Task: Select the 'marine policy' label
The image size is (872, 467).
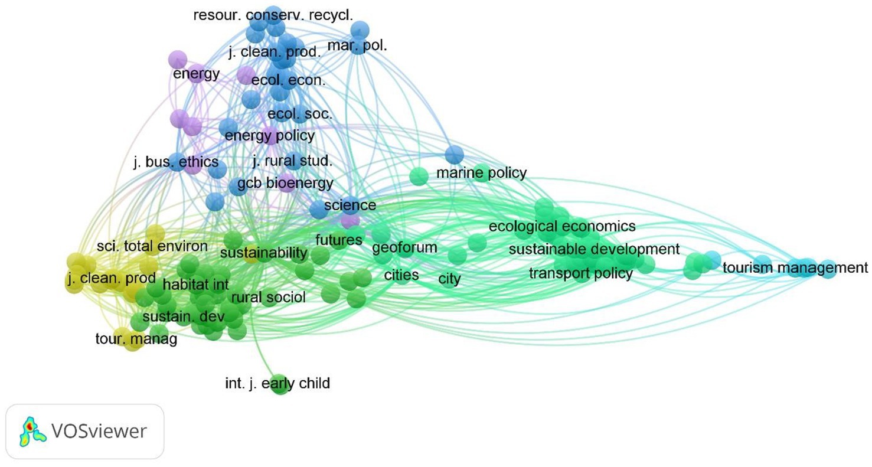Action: click(481, 173)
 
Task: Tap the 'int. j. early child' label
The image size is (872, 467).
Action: click(277, 384)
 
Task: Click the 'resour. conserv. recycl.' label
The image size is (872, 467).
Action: click(273, 15)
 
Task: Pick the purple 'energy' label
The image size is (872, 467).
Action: click(196, 74)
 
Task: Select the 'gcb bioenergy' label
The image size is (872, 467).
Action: click(285, 183)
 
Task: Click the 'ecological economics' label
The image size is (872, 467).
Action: click(562, 226)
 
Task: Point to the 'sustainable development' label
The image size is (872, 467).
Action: click(594, 249)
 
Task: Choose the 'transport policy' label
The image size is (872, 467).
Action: click(580, 273)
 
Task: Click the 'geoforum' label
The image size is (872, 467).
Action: click(404, 247)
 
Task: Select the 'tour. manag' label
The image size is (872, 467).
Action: click(136, 339)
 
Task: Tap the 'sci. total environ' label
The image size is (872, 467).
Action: click(152, 246)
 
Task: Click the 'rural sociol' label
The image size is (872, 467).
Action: click(269, 298)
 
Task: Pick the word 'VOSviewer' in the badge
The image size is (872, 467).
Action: click(99, 432)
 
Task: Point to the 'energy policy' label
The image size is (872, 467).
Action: click(270, 136)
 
